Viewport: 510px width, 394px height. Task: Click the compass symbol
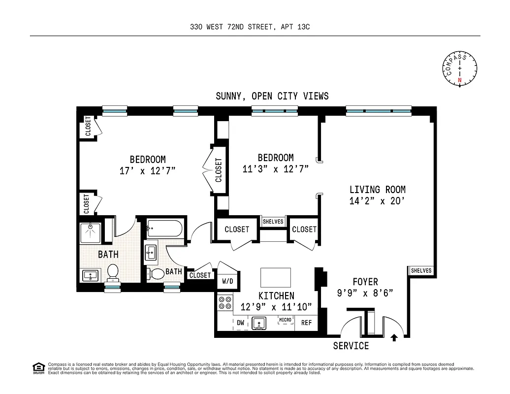[460, 69]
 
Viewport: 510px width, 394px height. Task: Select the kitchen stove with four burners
[225, 302]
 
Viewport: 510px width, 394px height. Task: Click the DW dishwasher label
[241, 323]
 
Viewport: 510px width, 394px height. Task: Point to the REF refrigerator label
[306, 323]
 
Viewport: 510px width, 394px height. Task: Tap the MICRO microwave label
[286, 320]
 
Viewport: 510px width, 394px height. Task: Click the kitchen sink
[259, 324]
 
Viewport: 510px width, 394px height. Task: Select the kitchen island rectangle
[275, 277]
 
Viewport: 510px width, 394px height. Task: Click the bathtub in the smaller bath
[164, 229]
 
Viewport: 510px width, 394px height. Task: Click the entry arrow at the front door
[394, 338]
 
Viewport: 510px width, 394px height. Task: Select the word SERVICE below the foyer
[351, 346]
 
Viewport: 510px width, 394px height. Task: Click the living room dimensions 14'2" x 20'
[378, 201]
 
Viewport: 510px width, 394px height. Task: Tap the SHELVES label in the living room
[421, 270]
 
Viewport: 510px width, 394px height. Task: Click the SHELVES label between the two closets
[273, 222]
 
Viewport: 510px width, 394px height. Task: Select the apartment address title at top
[250, 27]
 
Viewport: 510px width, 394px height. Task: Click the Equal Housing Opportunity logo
[37, 367]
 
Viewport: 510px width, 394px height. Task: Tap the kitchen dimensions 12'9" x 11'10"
[276, 307]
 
